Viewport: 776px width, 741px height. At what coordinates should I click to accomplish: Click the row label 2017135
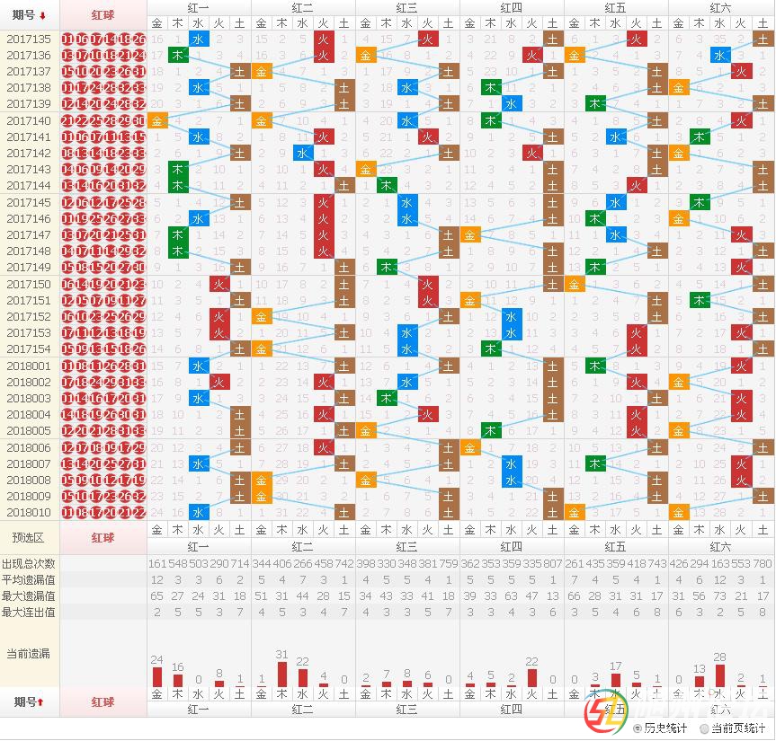(x=29, y=40)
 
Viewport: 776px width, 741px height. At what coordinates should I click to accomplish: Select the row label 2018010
(x=29, y=513)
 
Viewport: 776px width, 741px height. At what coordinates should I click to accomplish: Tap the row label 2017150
(x=29, y=285)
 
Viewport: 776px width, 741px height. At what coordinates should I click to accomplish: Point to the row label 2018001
(x=29, y=366)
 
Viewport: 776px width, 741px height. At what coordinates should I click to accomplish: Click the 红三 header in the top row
(x=406, y=7)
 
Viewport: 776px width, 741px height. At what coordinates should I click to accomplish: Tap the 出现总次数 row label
(x=29, y=563)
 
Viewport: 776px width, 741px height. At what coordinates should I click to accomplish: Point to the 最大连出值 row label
(x=29, y=612)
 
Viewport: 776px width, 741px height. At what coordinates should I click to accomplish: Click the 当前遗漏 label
(x=29, y=653)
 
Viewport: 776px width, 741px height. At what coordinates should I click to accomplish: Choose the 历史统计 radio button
(x=638, y=728)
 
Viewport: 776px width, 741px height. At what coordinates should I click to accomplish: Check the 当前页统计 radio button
(x=704, y=728)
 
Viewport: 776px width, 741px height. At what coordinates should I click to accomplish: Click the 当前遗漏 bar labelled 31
(x=281, y=675)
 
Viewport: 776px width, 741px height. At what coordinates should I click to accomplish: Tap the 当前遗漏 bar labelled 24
(x=157, y=676)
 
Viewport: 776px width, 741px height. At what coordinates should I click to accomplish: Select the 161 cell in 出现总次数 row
(x=157, y=563)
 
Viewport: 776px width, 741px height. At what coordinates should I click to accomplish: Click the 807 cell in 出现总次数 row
(x=553, y=563)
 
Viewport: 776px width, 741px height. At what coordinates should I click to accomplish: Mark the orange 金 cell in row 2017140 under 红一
(x=157, y=121)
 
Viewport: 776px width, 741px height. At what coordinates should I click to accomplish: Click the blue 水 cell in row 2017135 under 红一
(x=199, y=40)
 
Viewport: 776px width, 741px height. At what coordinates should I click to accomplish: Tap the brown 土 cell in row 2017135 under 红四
(x=553, y=40)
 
